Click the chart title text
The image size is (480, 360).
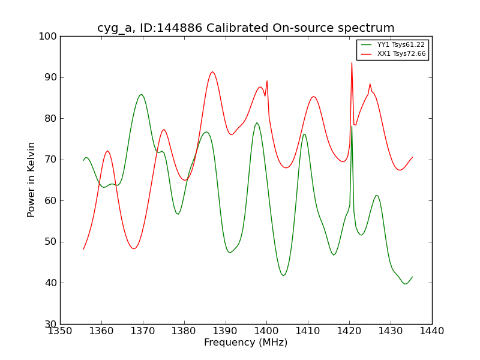tap(246, 28)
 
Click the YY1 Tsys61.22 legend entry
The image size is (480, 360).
tap(401, 45)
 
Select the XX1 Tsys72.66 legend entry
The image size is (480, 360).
tap(401, 54)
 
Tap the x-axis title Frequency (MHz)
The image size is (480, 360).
tap(246, 343)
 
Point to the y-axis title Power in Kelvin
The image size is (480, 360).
tap(32, 179)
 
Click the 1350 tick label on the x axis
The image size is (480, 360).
tap(61, 331)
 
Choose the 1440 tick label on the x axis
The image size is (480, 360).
tap(431, 331)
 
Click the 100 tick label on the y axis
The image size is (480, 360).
tap(48, 37)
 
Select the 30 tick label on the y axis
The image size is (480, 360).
tap(50, 324)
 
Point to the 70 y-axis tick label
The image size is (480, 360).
tap(50, 160)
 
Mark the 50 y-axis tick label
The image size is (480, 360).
tap(50, 242)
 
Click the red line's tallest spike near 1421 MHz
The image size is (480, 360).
tap(352, 62)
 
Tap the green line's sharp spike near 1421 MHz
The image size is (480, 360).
tap(352, 126)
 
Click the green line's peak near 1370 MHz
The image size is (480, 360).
tap(141, 94)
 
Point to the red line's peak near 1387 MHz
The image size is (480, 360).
tap(212, 72)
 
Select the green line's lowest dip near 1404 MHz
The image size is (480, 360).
tap(283, 275)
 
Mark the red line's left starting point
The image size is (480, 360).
tap(83, 249)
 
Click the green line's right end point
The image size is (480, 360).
tap(412, 277)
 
